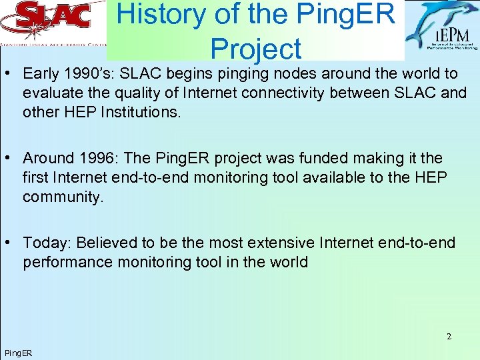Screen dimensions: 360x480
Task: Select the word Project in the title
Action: point(255,49)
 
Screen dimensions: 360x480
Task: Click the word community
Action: point(63,197)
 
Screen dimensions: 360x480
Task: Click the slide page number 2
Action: point(449,337)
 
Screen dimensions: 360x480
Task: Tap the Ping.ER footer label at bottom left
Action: point(18,353)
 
